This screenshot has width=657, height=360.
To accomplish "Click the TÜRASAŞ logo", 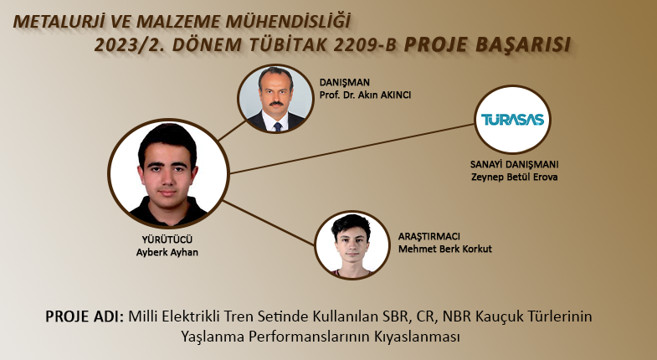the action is tap(512, 120).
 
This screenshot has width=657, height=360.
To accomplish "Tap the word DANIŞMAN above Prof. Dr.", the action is tap(345, 83).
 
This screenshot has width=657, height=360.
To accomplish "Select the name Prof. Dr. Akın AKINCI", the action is tap(365, 95).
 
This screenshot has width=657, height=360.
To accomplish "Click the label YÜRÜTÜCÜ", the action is tap(167, 239).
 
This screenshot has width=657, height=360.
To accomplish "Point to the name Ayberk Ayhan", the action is tap(167, 252).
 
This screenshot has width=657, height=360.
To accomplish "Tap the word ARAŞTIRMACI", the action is tap(429, 236).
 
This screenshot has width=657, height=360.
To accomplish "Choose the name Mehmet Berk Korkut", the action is tap(445, 249).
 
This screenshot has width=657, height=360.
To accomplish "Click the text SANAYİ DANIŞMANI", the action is tap(514, 164).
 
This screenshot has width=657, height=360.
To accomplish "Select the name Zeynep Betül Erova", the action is tap(514, 177).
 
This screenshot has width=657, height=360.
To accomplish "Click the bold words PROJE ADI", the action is tap(85, 316).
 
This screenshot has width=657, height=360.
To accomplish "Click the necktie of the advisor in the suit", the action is tap(277, 126).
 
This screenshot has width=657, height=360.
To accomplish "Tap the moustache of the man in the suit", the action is tap(276, 103).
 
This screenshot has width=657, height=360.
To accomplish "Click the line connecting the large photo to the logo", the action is tap(352, 148).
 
